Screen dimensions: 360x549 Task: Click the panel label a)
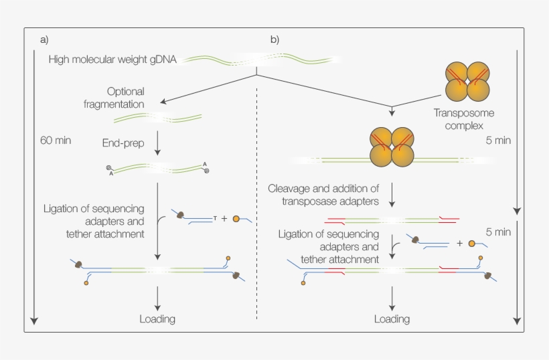coord(44,39)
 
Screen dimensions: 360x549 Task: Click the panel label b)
coord(274,39)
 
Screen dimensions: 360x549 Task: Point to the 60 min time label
coord(56,141)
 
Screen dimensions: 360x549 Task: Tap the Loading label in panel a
coord(157,319)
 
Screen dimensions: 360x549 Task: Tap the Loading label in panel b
coord(392,319)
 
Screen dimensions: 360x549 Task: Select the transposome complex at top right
coord(467,80)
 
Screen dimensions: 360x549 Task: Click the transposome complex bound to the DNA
coord(392,147)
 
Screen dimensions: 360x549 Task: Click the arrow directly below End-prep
coord(157,149)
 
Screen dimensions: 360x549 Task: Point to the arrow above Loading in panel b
coord(392,297)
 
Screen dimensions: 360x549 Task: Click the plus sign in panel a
coord(224,218)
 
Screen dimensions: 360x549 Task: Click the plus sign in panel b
coord(459,244)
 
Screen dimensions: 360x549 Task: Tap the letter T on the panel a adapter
coord(214,218)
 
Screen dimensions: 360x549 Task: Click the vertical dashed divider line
coord(258,201)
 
